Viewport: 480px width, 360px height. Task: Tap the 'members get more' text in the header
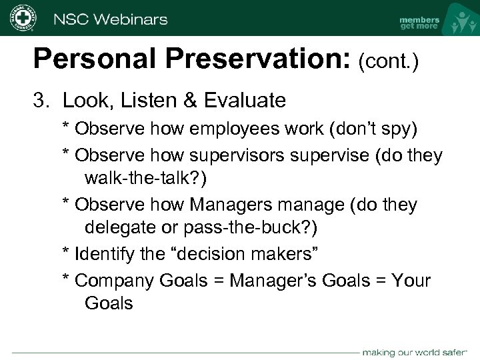click(419, 23)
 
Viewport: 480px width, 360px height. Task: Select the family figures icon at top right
click(459, 20)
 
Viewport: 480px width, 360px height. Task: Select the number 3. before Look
click(43, 101)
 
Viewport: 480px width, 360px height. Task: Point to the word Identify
click(103, 253)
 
